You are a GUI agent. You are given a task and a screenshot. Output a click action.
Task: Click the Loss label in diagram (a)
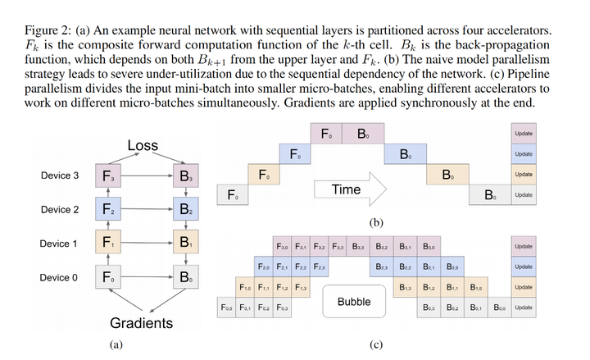(143, 146)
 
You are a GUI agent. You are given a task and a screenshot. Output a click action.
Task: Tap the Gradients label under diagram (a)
(142, 323)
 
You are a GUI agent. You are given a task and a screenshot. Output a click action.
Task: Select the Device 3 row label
(60, 175)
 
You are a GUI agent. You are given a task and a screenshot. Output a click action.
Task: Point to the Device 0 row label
(60, 278)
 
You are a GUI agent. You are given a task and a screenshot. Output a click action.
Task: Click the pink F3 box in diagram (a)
(107, 175)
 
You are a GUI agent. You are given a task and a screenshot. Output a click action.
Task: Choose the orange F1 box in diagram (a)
(107, 244)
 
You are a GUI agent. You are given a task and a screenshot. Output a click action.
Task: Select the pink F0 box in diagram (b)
(324, 134)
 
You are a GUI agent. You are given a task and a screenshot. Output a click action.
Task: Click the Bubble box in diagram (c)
(354, 302)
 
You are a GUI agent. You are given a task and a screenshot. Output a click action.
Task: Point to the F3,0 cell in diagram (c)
(283, 246)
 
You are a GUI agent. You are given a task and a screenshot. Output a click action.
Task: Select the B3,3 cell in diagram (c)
(359, 246)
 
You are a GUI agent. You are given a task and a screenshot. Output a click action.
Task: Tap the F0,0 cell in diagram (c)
(226, 308)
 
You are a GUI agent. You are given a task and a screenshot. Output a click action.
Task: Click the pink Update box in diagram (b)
(524, 134)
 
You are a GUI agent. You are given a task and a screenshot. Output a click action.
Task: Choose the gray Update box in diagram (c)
(524, 308)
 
